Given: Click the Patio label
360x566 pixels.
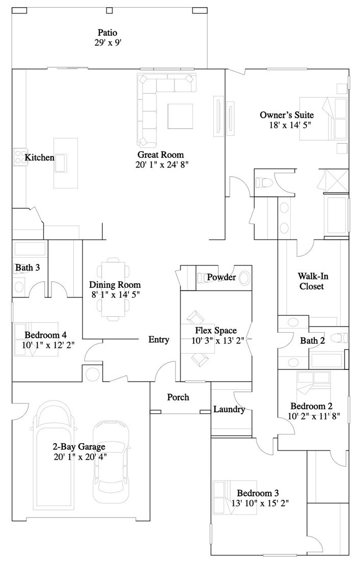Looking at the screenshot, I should pos(107,33).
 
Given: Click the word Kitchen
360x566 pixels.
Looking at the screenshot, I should pos(40,157).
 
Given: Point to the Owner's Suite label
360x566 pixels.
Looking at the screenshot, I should pos(286,115).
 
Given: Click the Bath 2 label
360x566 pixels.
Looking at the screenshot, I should pos(312,340).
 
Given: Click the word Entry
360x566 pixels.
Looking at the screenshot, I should pos(158,339).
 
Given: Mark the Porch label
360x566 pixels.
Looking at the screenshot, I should pos(178,397).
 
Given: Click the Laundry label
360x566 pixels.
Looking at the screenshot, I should pos(229,409).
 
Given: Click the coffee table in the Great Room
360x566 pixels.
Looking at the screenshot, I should pos(181,117).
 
